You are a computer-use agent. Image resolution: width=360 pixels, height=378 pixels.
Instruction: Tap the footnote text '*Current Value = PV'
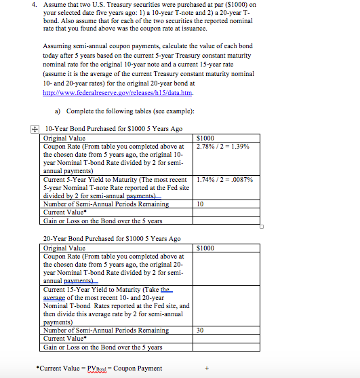point(75,368)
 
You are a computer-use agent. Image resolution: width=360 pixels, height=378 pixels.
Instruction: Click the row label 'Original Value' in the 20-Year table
point(64,248)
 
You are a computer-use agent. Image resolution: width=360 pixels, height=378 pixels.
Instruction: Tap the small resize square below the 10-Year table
point(260,227)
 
